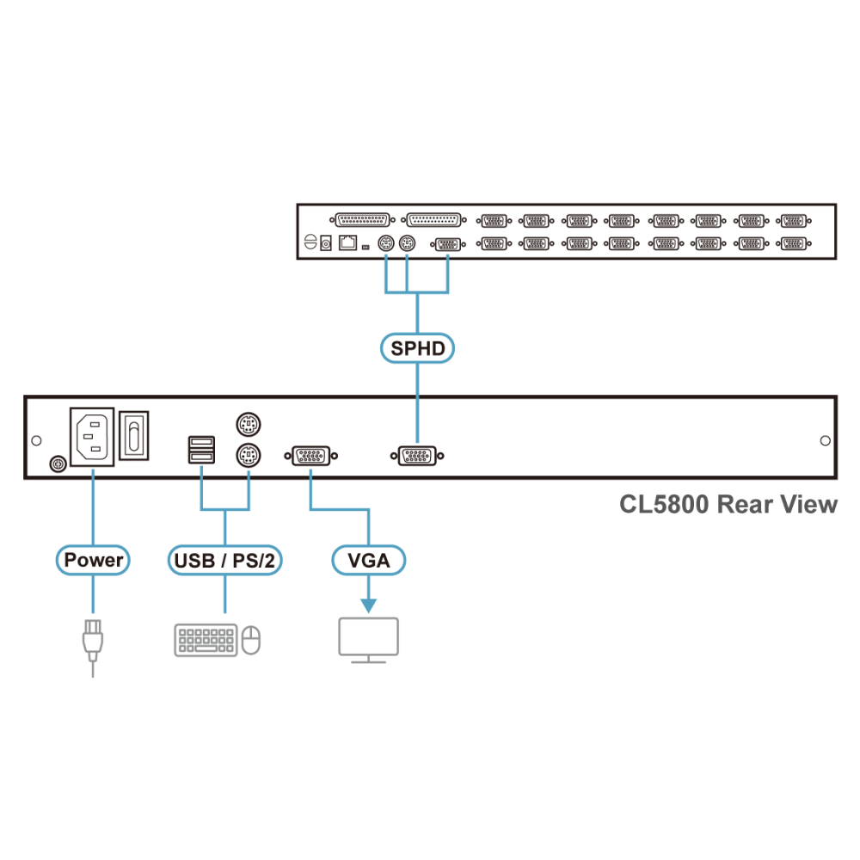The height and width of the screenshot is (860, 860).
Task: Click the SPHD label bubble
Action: (x=417, y=348)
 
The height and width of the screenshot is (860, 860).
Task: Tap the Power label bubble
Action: (x=93, y=560)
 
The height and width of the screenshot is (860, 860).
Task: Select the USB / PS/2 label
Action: (x=224, y=560)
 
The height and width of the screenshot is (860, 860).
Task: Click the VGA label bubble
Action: (x=369, y=560)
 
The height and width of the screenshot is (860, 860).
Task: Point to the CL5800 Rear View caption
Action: (x=728, y=504)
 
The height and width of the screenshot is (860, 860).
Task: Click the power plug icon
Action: (x=93, y=648)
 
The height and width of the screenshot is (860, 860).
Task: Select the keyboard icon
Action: (x=206, y=640)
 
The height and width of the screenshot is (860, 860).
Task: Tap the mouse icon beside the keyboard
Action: (x=250, y=640)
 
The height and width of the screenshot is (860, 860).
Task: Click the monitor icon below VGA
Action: (x=369, y=640)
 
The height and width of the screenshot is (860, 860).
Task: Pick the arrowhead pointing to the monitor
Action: (x=369, y=605)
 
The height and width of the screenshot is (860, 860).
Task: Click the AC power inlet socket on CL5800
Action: (x=92, y=437)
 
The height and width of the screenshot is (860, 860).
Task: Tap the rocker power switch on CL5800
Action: (x=134, y=435)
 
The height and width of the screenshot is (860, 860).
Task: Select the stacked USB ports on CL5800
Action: (x=201, y=450)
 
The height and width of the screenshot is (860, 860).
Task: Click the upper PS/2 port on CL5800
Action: (x=249, y=424)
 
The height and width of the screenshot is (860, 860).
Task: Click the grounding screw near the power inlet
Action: (x=58, y=464)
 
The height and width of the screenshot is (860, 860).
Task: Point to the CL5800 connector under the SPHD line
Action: (x=417, y=456)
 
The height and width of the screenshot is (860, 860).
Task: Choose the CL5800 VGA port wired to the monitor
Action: (x=311, y=456)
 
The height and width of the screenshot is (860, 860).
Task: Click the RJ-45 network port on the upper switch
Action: (x=347, y=243)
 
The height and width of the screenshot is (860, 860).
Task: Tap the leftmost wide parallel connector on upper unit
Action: (x=363, y=220)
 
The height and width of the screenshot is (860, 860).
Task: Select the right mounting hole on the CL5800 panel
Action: (x=825, y=440)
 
